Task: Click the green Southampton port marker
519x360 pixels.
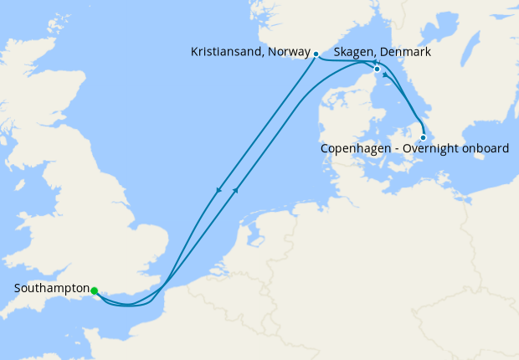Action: (x=94, y=291)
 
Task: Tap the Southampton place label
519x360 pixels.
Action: (x=51, y=289)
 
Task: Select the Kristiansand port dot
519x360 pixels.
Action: (x=316, y=54)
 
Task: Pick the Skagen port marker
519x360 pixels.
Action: (x=377, y=69)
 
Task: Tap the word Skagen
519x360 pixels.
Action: (x=353, y=52)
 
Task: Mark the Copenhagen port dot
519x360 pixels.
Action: (x=423, y=137)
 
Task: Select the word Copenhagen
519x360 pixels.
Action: (x=353, y=149)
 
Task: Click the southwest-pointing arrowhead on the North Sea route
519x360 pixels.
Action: (x=219, y=190)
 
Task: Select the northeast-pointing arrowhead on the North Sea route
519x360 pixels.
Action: (x=236, y=190)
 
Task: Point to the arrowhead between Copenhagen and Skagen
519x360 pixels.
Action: (x=385, y=75)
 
